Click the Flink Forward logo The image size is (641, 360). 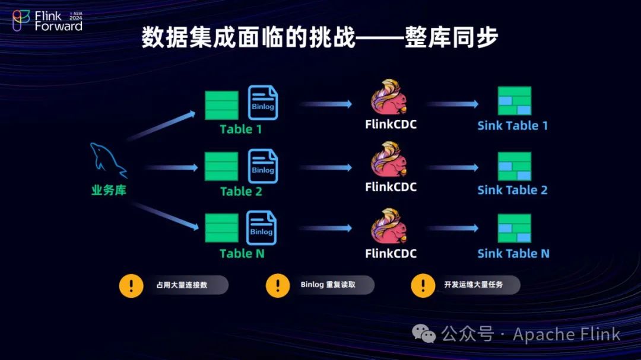click(47, 21)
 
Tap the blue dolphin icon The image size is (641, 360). click(108, 160)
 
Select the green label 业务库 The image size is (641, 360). click(109, 190)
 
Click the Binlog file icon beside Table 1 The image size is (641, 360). click(263, 103)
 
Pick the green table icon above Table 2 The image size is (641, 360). click(221, 167)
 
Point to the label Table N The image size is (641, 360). click(242, 253)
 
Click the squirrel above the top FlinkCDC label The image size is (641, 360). click(389, 98)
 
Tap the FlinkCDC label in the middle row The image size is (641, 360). click(391, 187)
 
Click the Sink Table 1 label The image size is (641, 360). click(512, 126)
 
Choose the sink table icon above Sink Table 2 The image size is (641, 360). click(514, 167)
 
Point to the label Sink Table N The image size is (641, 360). click(513, 254)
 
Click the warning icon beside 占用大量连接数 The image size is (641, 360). click(131, 285)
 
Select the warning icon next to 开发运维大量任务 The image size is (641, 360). click(423, 285)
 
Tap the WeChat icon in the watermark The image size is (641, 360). click(424, 334)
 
